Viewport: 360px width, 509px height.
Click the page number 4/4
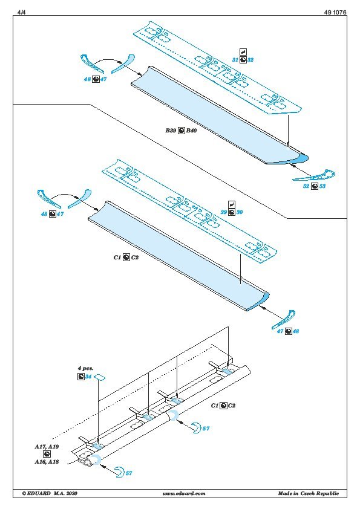click(21, 12)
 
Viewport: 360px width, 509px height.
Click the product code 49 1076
click(335, 12)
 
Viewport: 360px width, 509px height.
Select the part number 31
click(235, 60)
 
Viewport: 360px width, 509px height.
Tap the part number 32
click(250, 60)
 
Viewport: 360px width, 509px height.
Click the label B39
click(171, 131)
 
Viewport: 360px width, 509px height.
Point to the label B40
click(191, 131)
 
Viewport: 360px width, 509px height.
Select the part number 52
click(306, 186)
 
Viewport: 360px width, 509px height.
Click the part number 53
click(322, 186)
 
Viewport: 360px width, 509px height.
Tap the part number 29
click(224, 212)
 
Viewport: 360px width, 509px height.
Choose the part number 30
click(240, 212)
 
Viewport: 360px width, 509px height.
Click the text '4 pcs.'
click(85, 368)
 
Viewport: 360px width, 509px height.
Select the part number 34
click(88, 377)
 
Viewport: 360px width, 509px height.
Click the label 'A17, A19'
click(47, 447)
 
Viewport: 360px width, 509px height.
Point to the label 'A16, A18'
click(47, 462)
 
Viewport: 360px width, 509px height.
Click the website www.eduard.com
click(184, 493)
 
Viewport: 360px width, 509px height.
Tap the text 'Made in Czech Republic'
click(309, 493)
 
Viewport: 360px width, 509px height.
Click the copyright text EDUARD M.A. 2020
click(50, 493)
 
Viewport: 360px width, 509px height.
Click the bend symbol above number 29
click(232, 204)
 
